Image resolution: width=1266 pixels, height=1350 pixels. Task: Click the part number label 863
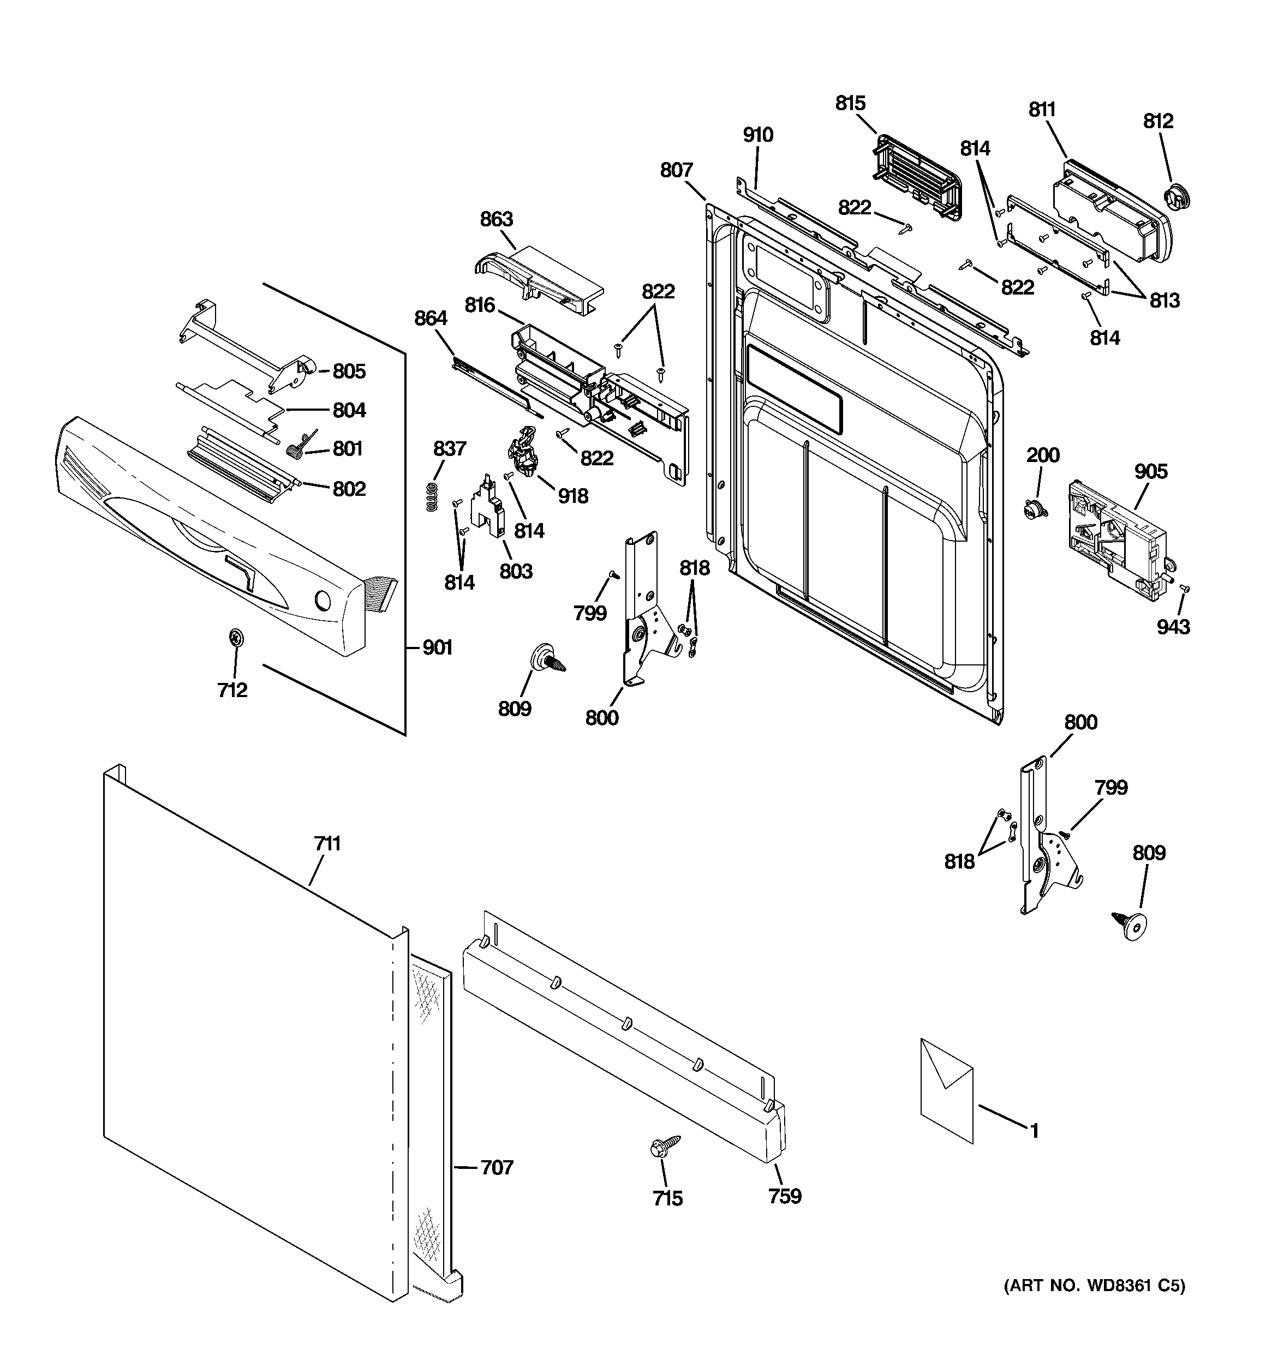496,219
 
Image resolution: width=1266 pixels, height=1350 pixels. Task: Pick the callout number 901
437,648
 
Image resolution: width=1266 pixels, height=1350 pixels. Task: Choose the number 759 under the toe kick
785,1195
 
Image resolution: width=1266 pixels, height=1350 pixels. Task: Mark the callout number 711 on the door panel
327,844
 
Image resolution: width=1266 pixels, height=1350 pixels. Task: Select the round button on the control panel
324,602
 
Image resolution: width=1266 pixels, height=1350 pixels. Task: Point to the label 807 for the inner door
676,170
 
